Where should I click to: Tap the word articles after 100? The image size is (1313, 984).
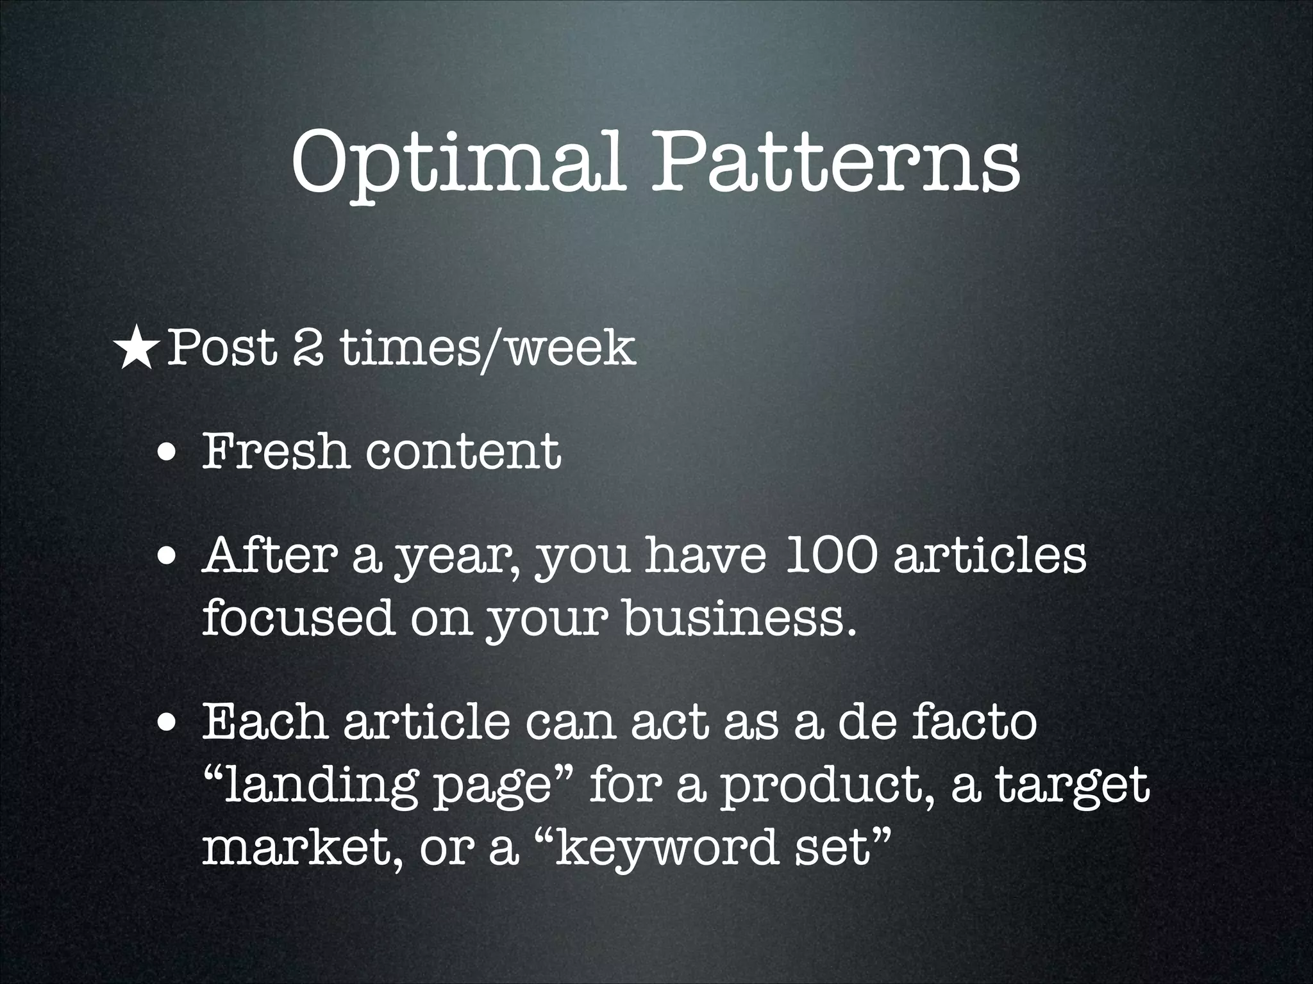[x=990, y=556]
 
